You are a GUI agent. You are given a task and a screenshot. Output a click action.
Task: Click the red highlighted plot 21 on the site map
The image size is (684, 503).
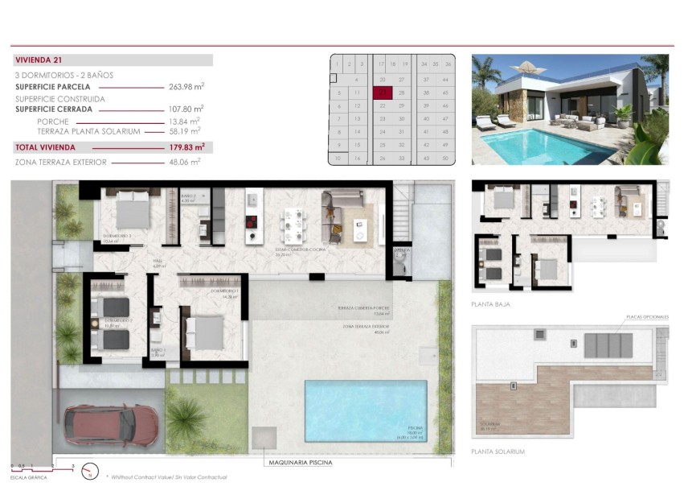383,93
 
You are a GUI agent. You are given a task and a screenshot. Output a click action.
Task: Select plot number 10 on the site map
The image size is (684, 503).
338,159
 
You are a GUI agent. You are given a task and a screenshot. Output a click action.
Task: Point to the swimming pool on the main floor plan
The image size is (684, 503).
366,410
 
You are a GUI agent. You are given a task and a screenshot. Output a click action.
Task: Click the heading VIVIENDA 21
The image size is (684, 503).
39,60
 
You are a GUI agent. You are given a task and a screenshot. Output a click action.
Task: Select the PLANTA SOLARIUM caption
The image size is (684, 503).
498,451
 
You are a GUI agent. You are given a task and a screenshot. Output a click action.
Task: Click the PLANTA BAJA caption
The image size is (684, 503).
490,305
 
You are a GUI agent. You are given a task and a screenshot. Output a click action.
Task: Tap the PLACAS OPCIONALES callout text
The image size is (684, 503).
647,317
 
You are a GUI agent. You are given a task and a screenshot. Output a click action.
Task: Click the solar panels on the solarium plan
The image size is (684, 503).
608,345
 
